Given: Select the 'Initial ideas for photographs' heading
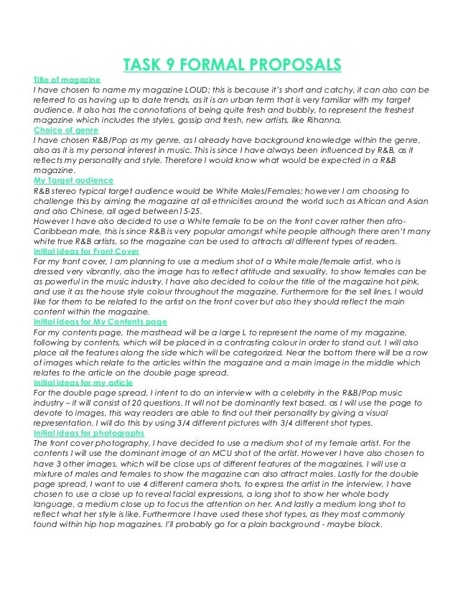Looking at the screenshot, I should pos(89,434).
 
